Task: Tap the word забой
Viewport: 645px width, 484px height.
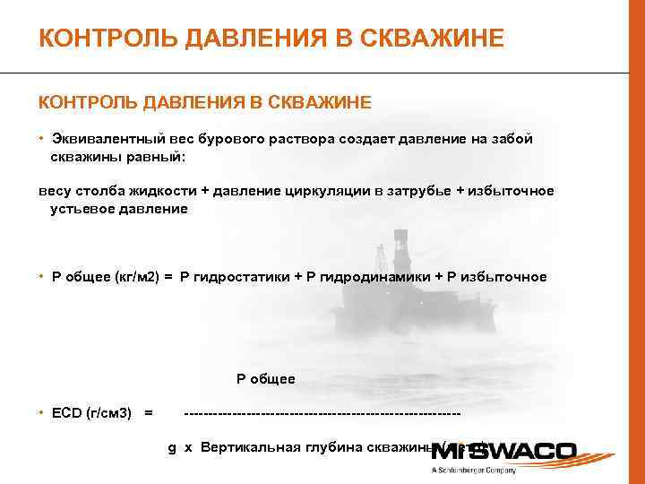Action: (514, 139)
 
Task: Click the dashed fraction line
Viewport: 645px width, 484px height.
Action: (322, 413)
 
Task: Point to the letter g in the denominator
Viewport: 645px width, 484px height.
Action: (171, 447)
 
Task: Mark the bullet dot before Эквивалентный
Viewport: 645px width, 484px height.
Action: (41, 139)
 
